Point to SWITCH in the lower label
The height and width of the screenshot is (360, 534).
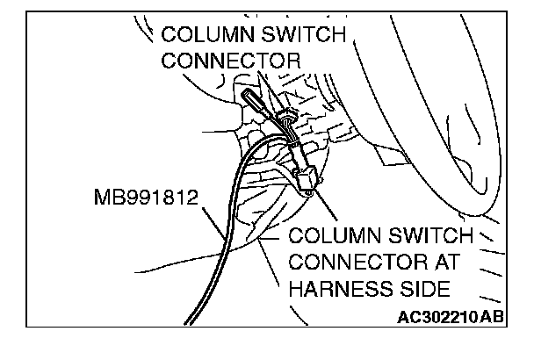[x=423, y=237]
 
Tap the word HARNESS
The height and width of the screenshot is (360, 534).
[x=337, y=289]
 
